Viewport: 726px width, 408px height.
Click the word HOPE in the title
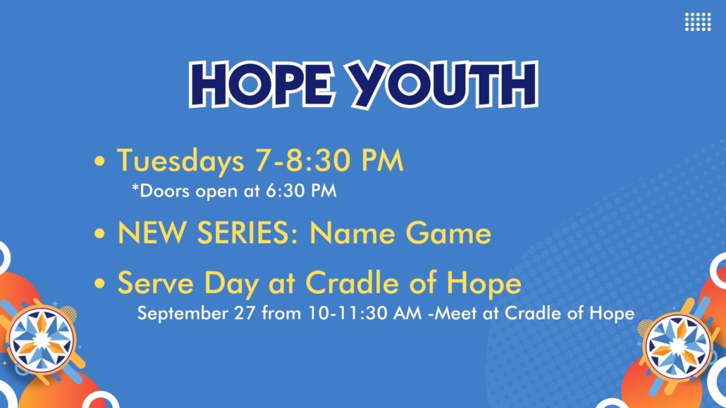coord(262,84)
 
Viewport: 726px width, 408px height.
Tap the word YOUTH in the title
coord(443,85)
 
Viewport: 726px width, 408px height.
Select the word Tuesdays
coord(180,161)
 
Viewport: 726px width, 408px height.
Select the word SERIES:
coord(247,233)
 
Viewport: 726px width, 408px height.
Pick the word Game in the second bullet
coord(448,233)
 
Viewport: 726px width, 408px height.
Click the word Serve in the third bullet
coord(156,283)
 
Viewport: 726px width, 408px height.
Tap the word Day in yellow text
coord(231,283)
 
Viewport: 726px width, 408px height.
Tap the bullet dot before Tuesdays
coord(99,161)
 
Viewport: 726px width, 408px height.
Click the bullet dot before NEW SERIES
coord(99,233)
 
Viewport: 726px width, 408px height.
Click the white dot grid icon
coord(698,22)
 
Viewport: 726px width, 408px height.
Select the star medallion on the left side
coord(42,340)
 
